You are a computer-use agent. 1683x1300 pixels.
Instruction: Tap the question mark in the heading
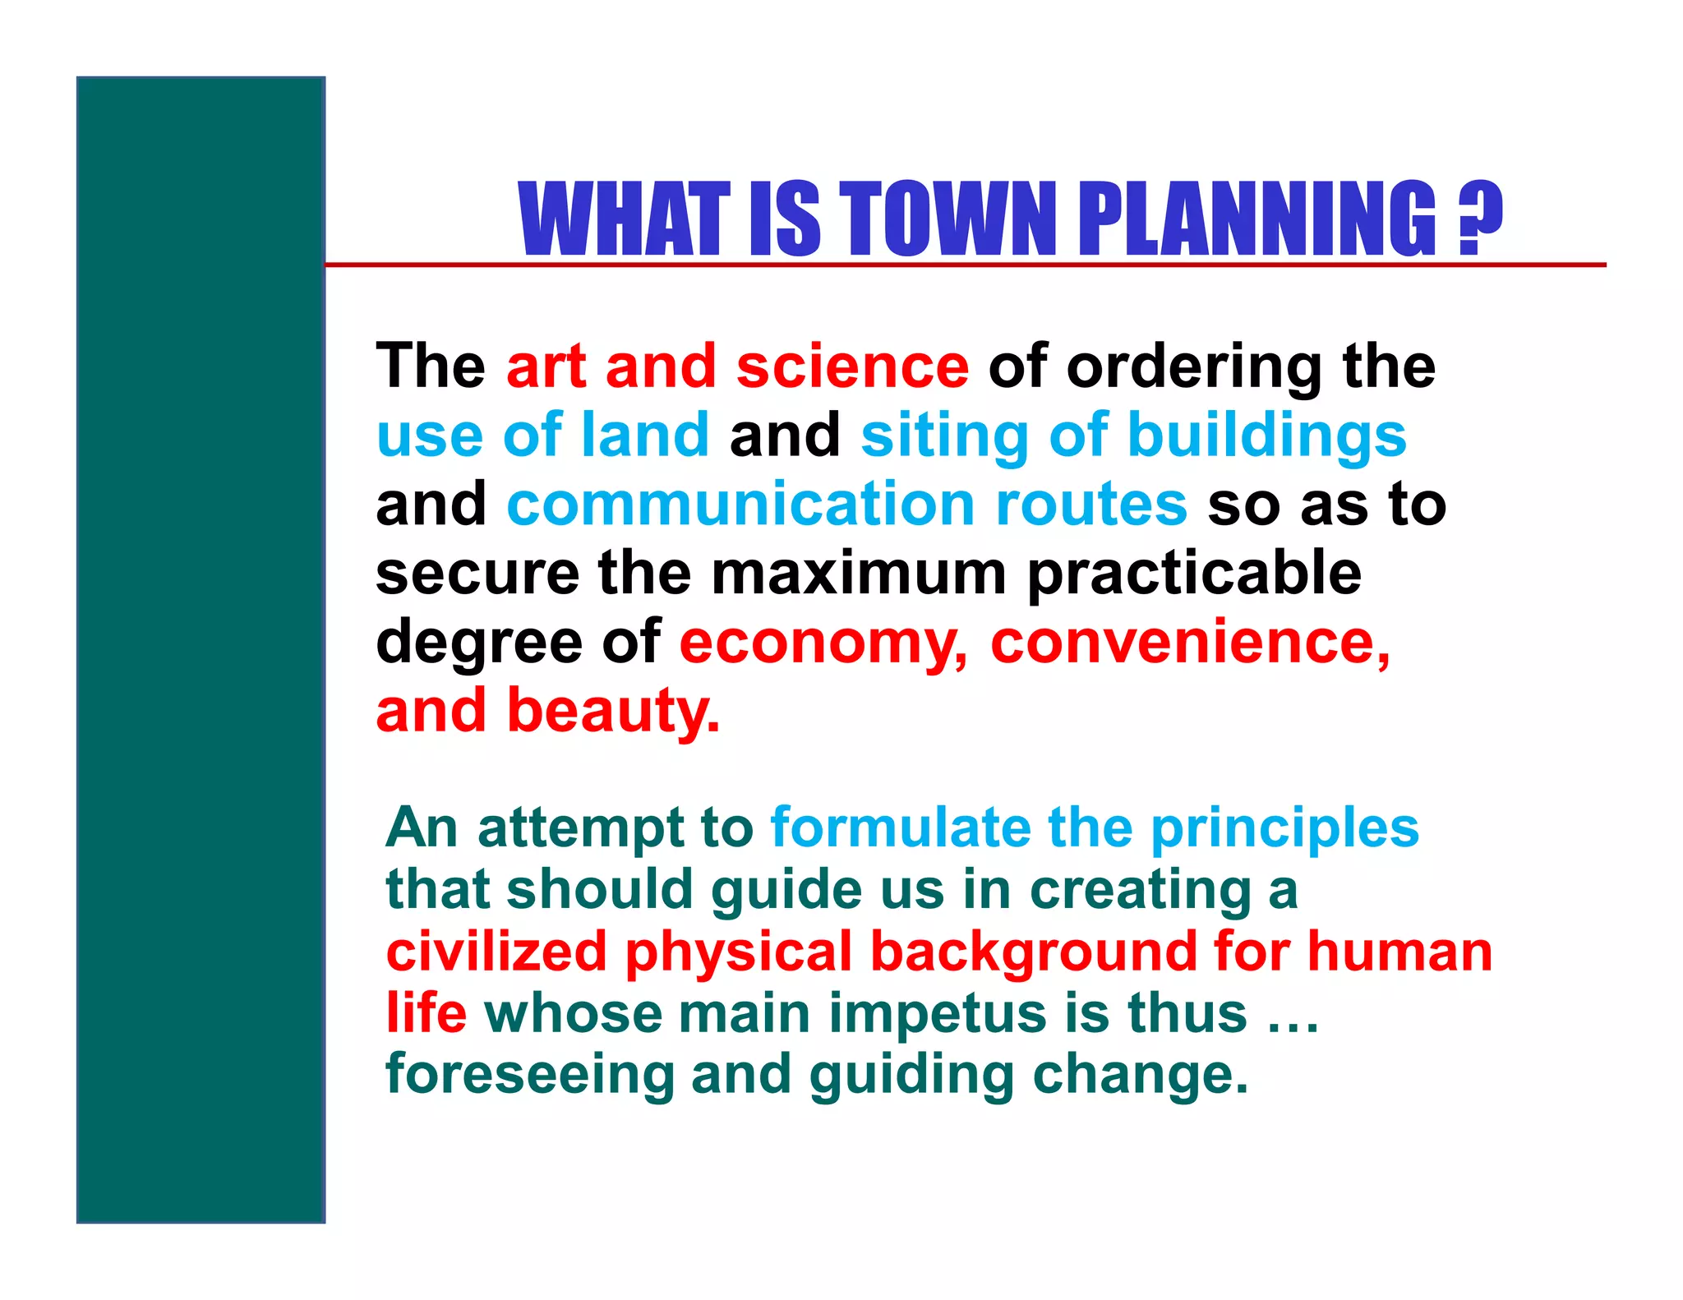pyautogui.click(x=1479, y=219)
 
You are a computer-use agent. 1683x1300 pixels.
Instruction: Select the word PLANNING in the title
pyautogui.click(x=1256, y=219)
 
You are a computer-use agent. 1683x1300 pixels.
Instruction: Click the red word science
pyautogui.click(x=852, y=366)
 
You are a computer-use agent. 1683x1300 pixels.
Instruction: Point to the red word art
pyautogui.click(x=546, y=366)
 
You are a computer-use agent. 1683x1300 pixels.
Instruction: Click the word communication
pyautogui.click(x=740, y=505)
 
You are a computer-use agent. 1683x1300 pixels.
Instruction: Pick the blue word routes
pyautogui.click(x=1090, y=505)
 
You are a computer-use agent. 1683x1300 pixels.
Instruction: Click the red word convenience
pyautogui.click(x=1190, y=643)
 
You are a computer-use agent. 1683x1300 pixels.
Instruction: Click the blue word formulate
pyautogui.click(x=900, y=827)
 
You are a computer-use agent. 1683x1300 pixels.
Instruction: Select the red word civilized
pyautogui.click(x=496, y=952)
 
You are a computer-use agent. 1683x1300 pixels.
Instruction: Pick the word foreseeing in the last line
pyautogui.click(x=529, y=1076)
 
